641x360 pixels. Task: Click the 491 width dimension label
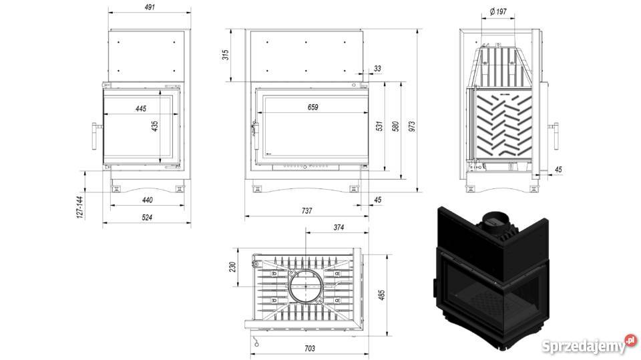point(150,7)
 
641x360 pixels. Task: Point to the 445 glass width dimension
point(141,108)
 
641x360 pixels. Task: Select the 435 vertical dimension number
point(155,126)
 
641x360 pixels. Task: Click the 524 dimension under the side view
point(147,217)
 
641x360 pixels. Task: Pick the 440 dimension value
point(147,200)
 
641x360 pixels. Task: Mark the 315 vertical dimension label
point(225,55)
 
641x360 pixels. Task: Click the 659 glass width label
point(312,107)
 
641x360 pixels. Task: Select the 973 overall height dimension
point(411,126)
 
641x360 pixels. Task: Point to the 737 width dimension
point(306,210)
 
